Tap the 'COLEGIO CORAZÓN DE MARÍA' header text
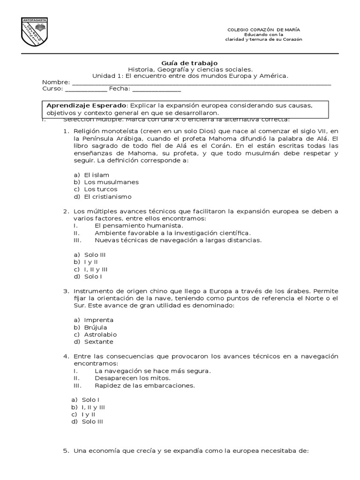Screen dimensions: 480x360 pos(263,30)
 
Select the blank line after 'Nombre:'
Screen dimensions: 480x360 pos(202,83)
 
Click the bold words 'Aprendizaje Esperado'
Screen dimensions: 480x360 pos(87,105)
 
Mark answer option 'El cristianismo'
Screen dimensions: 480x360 pos(108,196)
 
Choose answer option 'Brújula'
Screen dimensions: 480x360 pos(96,327)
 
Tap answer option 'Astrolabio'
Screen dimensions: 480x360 pos(100,335)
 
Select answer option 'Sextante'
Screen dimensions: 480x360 pos(98,342)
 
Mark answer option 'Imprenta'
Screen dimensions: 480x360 pos(98,320)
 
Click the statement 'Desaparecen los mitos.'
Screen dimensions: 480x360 pos(132,378)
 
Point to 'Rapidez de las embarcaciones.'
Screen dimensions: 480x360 pos(144,385)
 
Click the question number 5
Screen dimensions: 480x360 pos(66,451)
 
